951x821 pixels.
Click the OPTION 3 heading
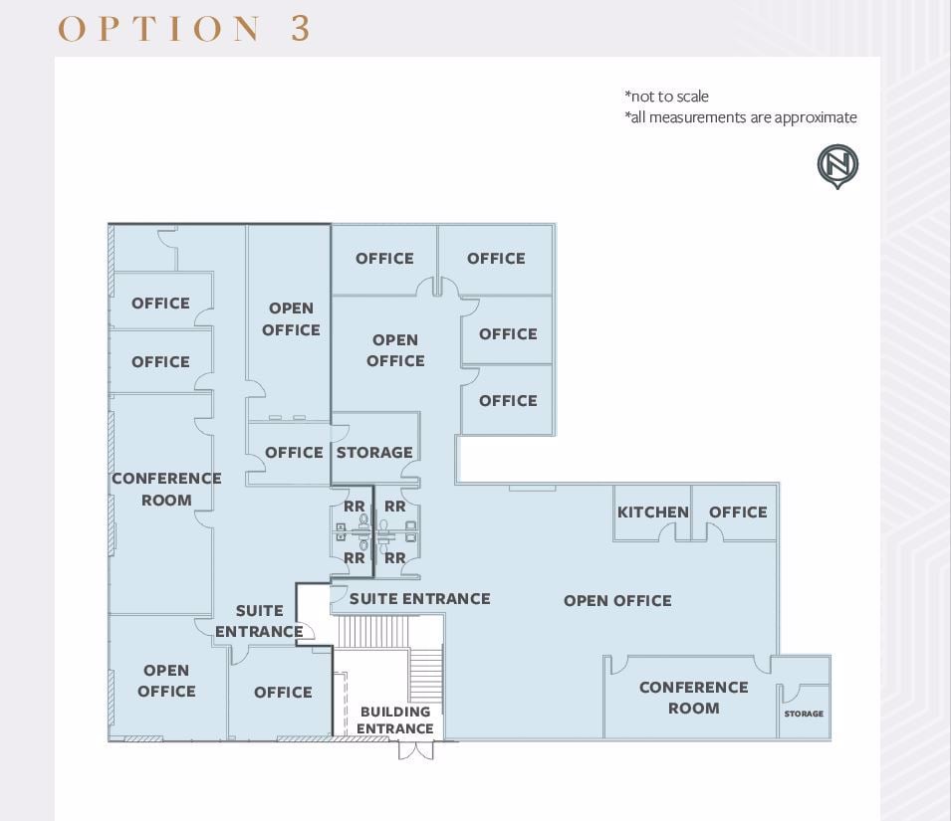coord(184,28)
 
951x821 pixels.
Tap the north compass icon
coord(837,166)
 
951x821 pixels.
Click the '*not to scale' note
coord(666,97)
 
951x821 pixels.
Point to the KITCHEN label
coord(652,513)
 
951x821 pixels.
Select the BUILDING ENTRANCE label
coord(395,719)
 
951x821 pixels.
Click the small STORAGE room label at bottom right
coord(804,714)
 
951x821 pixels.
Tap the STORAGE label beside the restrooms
coord(374,453)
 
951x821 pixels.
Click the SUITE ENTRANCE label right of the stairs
coord(419,599)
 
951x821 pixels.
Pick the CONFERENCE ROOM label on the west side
coord(166,489)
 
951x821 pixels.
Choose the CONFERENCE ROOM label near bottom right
coord(693,698)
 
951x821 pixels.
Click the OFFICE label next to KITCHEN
coord(738,513)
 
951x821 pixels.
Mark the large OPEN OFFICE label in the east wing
coord(617,601)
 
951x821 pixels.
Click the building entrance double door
coord(416,749)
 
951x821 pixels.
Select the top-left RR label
coord(354,507)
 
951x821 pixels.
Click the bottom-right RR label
coord(395,558)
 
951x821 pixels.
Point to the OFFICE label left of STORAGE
coord(294,453)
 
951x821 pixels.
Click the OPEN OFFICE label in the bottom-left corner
coord(166,681)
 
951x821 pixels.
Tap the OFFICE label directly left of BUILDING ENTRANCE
coord(283,693)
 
